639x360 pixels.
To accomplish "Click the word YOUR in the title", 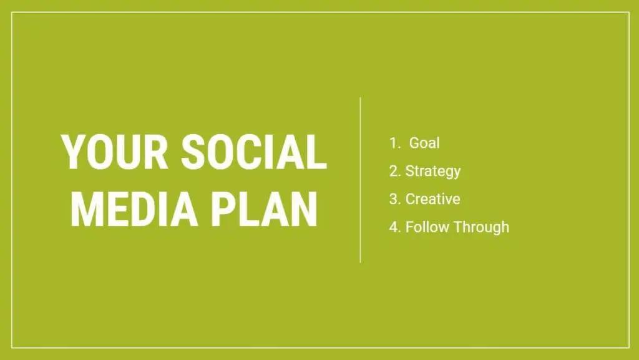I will pyautogui.click(x=114, y=152).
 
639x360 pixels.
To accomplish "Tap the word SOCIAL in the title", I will pyautogui.click(x=254, y=152).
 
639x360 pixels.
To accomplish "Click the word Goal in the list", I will pyautogui.click(x=424, y=143).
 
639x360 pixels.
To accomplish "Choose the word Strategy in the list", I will pyautogui.click(x=433, y=171).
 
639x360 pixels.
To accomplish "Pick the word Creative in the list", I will pyautogui.click(x=433, y=199).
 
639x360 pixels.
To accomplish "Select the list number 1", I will pyautogui.click(x=394, y=143).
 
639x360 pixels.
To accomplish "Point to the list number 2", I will pyautogui.click(x=394, y=171).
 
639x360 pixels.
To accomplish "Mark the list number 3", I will pyautogui.click(x=394, y=199).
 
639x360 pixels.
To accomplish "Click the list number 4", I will pyautogui.click(x=394, y=227).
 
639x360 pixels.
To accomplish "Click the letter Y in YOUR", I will pyautogui.click(x=74, y=152).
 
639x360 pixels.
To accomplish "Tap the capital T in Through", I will pyautogui.click(x=458, y=227).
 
